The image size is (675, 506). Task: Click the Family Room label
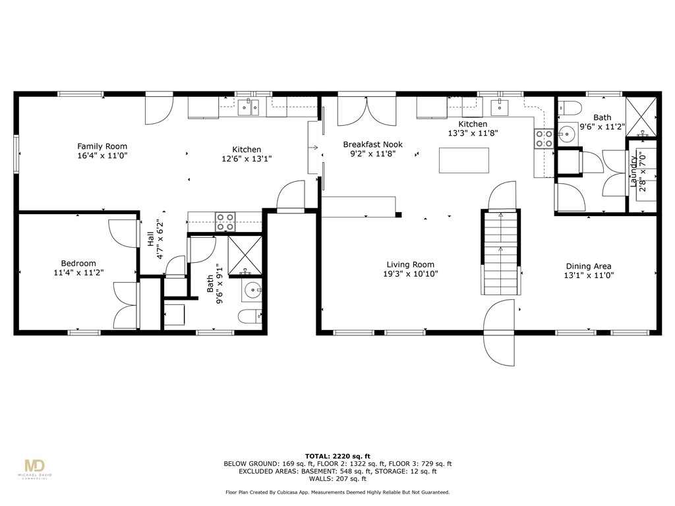click(102, 146)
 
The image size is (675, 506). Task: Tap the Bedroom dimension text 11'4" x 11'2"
click(78, 271)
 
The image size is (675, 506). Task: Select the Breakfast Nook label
click(372, 144)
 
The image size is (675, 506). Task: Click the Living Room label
click(410, 265)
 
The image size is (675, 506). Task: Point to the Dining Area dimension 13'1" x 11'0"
click(588, 275)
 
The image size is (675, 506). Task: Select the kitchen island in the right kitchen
click(465, 160)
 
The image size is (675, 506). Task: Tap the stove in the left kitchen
click(225, 221)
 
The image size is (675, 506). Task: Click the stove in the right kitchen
click(544, 138)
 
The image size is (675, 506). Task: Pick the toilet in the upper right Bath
click(570, 107)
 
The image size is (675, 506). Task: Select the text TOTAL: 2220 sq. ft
click(337, 456)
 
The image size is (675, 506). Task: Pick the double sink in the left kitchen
click(249, 107)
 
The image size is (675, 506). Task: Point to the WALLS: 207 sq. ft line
click(337, 479)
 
